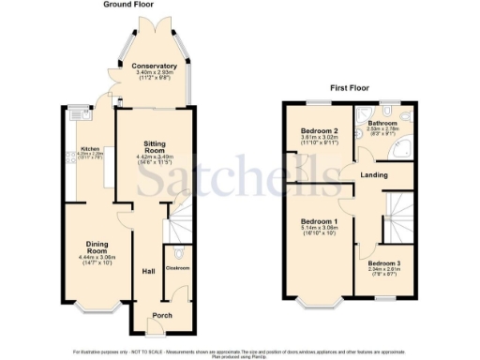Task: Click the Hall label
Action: [148, 271]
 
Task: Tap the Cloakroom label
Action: [177, 268]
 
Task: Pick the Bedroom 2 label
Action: [319, 131]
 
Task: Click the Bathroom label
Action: [383, 123]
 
